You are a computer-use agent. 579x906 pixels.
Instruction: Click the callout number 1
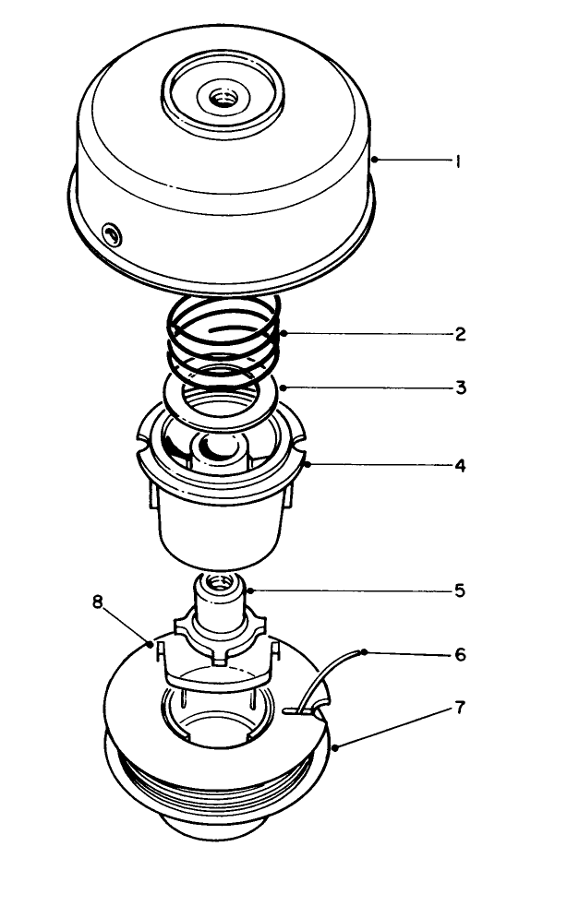(x=457, y=161)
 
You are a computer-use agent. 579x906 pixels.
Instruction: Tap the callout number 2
(x=460, y=334)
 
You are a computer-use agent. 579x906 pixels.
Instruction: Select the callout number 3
(x=460, y=387)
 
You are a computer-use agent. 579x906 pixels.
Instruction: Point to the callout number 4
(x=460, y=465)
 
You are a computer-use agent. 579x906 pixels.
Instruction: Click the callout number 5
(x=460, y=590)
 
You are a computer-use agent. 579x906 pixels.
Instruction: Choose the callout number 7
(x=460, y=709)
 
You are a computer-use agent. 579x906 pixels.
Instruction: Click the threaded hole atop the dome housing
(x=223, y=94)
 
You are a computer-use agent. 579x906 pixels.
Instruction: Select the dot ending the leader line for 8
(x=151, y=644)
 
